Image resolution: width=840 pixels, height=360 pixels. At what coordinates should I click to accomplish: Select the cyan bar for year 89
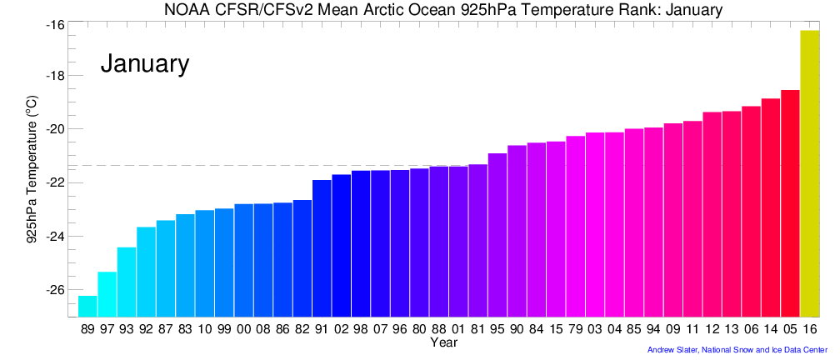coord(87,306)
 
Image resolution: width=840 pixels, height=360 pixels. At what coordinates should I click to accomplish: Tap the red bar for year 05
coord(790,203)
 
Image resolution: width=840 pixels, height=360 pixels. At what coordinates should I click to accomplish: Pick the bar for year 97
coord(107,294)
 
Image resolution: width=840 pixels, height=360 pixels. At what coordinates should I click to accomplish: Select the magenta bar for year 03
coord(595,224)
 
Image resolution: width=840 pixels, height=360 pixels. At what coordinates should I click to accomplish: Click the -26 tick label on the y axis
coord(54,290)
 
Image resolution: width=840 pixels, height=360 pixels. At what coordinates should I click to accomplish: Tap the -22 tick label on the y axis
coord(54,182)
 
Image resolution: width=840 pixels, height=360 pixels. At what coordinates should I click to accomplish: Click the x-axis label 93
coord(127,329)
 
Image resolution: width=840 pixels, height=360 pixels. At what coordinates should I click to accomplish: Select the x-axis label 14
coord(771,329)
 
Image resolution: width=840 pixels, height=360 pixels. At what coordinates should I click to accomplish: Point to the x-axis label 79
coord(576,329)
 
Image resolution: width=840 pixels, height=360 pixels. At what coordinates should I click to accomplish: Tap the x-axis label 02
coord(341,329)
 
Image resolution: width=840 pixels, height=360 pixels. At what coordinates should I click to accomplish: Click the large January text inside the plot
coord(145,64)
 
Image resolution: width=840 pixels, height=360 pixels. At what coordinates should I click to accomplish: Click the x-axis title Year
coord(443,342)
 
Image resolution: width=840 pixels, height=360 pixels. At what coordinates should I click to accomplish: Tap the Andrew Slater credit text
coord(737,350)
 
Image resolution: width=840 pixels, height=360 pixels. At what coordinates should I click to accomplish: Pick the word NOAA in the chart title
coord(194,9)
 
